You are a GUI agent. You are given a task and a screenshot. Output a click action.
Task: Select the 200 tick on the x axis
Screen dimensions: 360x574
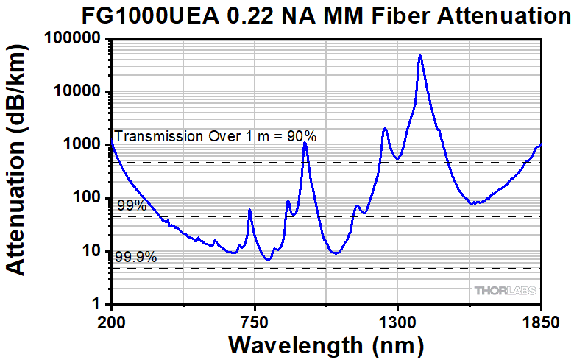(x=111, y=322)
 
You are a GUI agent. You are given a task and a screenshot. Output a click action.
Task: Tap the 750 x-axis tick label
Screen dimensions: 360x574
(x=254, y=322)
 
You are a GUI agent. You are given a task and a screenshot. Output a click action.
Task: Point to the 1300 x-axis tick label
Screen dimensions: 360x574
(x=397, y=322)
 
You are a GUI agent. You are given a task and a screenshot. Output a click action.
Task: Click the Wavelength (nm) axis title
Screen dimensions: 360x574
(x=326, y=345)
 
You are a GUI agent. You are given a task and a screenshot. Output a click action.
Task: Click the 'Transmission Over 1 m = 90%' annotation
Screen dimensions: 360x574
(x=216, y=136)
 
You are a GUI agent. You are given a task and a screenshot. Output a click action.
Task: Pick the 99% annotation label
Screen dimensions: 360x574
(x=132, y=206)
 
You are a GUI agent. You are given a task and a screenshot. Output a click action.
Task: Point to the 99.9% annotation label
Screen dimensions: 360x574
(x=136, y=258)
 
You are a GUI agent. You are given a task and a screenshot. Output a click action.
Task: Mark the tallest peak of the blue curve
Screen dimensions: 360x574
(x=419, y=55)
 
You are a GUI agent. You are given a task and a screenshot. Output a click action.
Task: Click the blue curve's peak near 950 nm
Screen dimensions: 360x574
(x=305, y=143)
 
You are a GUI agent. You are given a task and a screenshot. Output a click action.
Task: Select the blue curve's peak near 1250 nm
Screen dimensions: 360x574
(x=384, y=129)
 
